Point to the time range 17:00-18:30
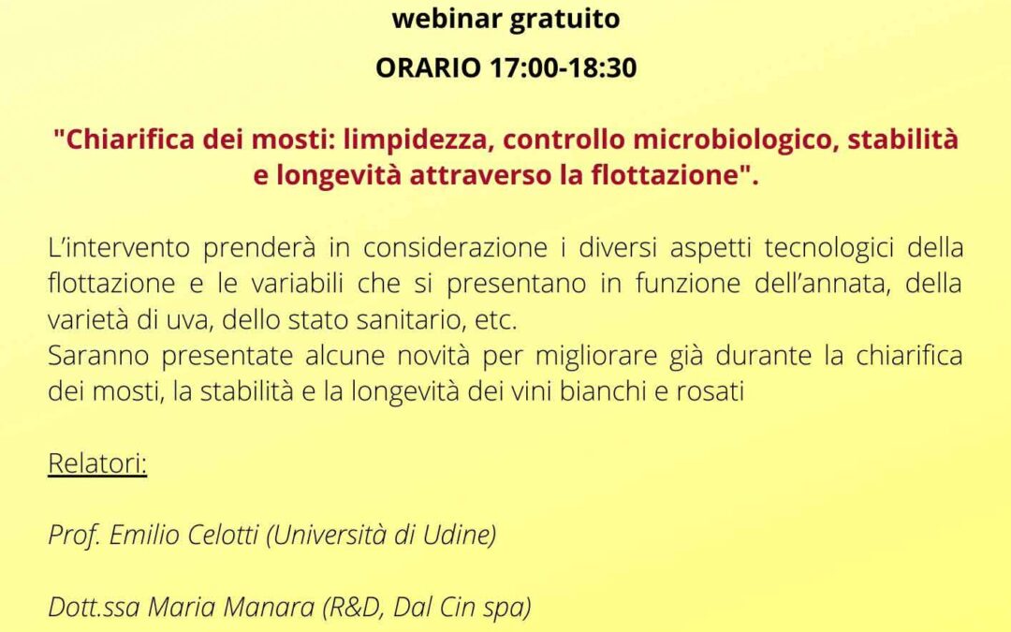564,67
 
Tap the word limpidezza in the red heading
418,140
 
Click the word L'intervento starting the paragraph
119,247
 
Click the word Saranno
98,356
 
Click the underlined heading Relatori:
97,463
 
